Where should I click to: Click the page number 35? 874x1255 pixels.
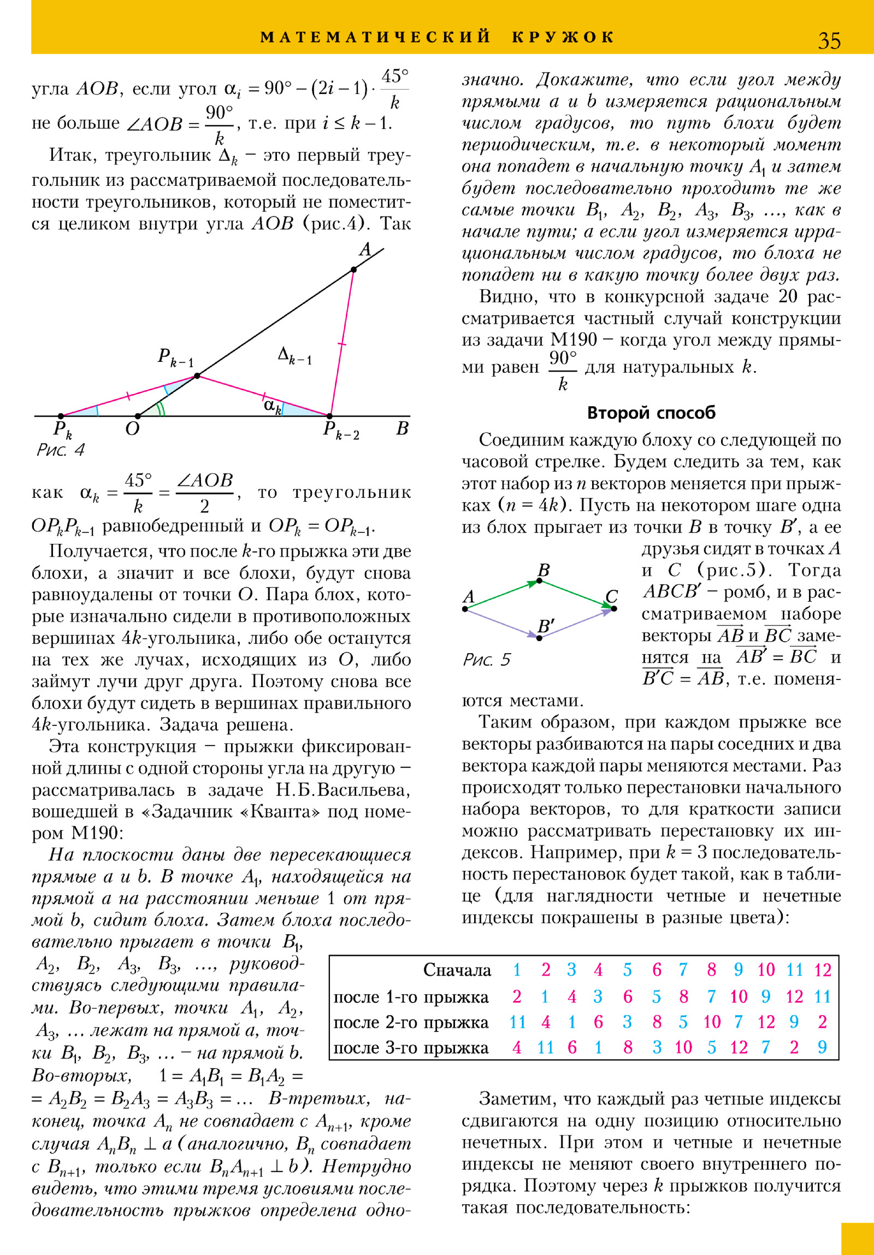(x=829, y=40)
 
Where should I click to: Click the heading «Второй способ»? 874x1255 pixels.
(x=651, y=413)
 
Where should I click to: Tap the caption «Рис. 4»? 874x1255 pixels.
(x=60, y=450)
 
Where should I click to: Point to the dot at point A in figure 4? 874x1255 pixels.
(x=354, y=269)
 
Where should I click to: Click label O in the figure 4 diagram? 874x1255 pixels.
(x=132, y=429)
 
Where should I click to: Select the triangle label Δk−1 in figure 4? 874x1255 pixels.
(x=294, y=356)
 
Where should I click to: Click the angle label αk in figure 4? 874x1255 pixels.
(x=272, y=406)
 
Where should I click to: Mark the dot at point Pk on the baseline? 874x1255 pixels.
(x=61, y=417)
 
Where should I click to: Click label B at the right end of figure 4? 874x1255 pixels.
(x=402, y=429)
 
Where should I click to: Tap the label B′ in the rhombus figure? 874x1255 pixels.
(x=546, y=626)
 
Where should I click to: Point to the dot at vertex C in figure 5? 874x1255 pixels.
(x=614, y=608)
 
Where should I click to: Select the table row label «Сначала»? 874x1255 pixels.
(x=457, y=970)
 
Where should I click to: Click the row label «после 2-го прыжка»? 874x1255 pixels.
(x=411, y=1022)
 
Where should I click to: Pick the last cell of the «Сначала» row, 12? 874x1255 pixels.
(x=823, y=970)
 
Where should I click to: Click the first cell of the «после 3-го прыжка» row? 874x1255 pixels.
(x=517, y=1047)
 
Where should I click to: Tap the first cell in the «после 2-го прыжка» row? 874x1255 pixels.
(x=517, y=1022)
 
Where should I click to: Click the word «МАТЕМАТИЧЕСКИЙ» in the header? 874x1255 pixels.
(x=376, y=37)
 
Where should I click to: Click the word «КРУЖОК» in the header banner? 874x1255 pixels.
(x=563, y=37)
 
